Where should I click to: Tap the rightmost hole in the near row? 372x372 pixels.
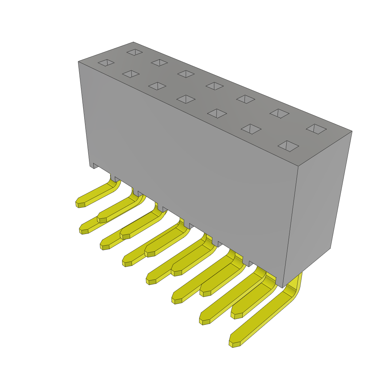coord(288,146)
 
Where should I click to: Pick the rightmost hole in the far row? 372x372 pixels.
coord(316,129)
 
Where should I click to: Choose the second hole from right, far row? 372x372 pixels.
coord(279,113)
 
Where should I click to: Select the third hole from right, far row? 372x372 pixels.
coord(246,99)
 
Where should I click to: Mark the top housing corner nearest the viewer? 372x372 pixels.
coord(298,166)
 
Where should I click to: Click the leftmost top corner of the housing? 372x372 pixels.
coord(78,62)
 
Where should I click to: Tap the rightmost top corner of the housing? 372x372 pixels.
coord(352,132)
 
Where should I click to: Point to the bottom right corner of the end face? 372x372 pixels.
coord(330,248)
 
